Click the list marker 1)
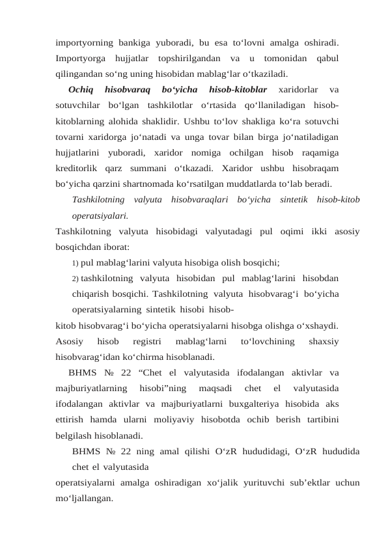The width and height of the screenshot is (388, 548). point(76,263)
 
